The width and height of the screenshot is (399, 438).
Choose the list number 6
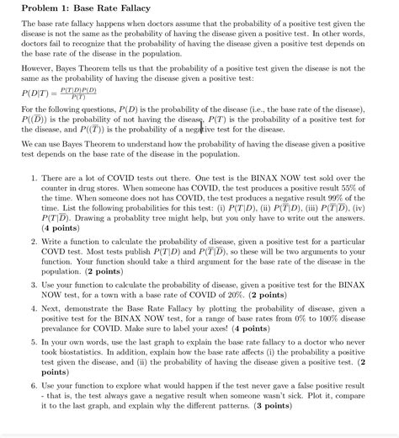33,383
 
